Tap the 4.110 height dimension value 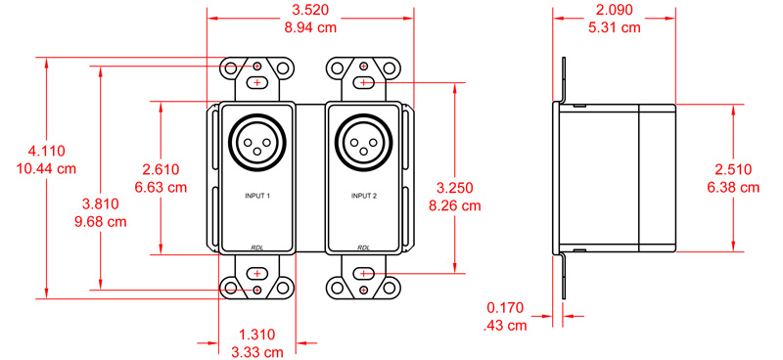46,151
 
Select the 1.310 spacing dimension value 256,334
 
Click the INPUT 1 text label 257,197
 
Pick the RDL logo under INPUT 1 257,247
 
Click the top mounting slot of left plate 257,83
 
